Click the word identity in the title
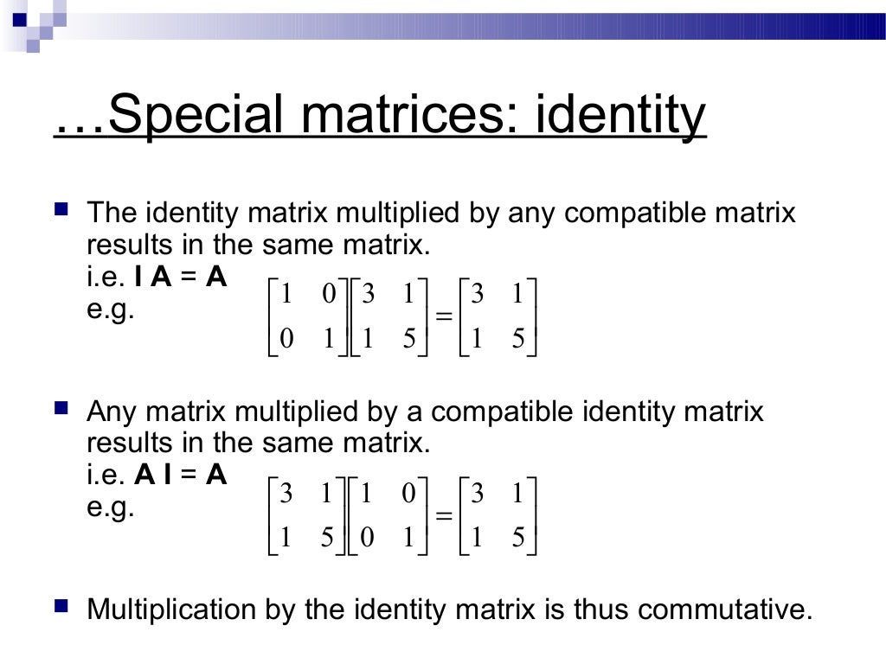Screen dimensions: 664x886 pos(620,117)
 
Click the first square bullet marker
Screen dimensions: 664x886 pos(61,209)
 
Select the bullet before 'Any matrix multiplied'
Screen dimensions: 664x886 pos(61,406)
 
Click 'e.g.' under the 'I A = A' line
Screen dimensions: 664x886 pos(111,309)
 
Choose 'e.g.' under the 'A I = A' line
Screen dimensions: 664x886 pos(111,507)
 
